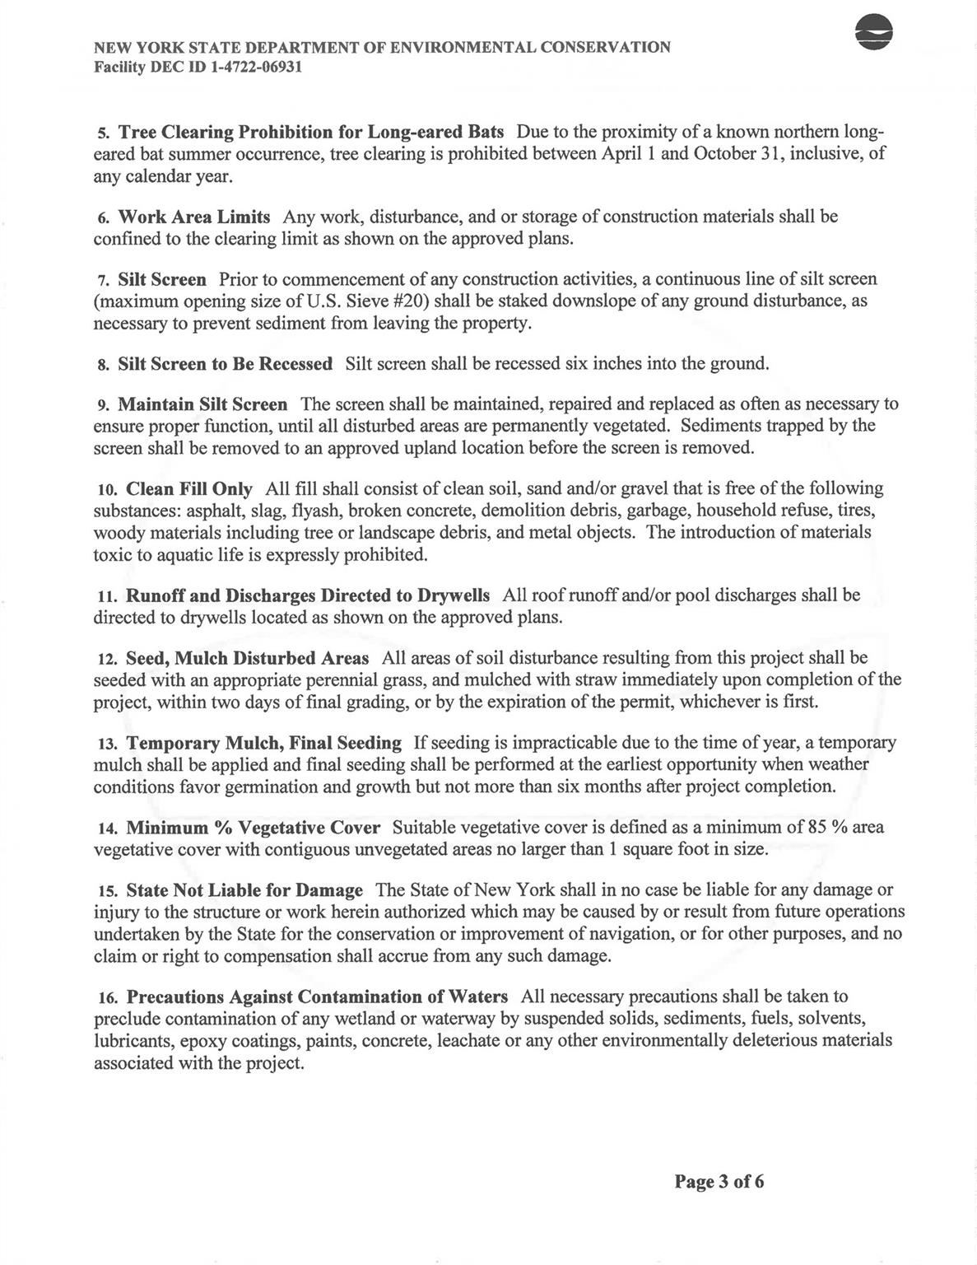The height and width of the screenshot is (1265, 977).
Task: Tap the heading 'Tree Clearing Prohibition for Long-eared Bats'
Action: click(311, 132)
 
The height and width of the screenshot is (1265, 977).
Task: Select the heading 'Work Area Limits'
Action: click(194, 217)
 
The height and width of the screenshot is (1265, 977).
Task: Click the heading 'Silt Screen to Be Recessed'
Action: click(225, 363)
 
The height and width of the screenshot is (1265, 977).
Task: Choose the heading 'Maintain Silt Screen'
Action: click(202, 404)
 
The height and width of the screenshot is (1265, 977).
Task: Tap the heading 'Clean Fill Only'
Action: click(189, 488)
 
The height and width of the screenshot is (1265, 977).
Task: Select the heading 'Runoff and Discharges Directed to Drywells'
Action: click(308, 595)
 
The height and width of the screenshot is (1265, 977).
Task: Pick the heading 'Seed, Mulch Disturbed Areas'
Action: click(247, 659)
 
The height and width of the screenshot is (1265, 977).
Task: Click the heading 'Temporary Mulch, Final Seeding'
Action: click(263, 743)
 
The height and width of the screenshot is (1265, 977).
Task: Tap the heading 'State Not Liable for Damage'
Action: click(244, 890)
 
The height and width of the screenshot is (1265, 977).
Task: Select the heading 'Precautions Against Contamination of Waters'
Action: click(317, 997)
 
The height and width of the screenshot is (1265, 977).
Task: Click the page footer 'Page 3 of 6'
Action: click(719, 1182)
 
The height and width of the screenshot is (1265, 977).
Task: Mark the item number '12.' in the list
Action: click(107, 660)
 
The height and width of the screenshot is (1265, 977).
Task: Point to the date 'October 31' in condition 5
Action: click(737, 154)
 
